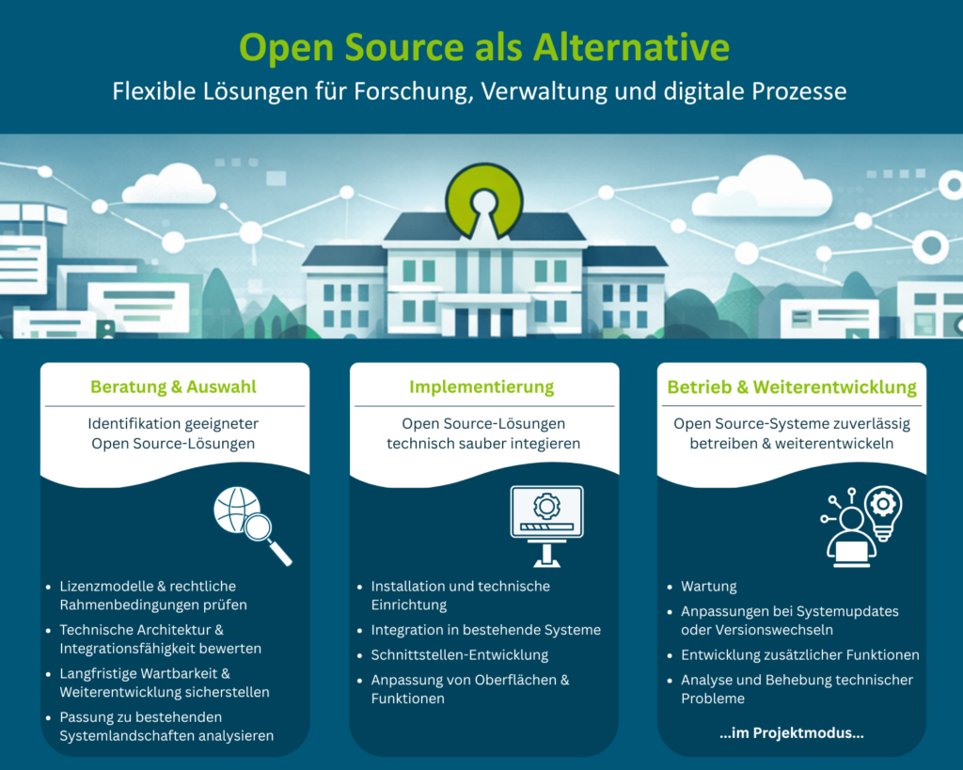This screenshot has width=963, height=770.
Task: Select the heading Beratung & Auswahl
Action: pyautogui.click(x=173, y=386)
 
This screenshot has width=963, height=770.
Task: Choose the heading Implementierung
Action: pyautogui.click(x=481, y=386)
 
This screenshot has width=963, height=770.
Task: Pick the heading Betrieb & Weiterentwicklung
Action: pyautogui.click(x=792, y=386)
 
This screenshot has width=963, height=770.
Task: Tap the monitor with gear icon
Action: pyautogui.click(x=546, y=523)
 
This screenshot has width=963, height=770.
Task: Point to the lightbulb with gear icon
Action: pyautogui.click(x=882, y=513)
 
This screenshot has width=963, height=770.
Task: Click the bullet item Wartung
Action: pyautogui.click(x=708, y=587)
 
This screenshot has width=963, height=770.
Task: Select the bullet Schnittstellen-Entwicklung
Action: pyautogui.click(x=459, y=654)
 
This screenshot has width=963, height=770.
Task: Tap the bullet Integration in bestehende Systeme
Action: pyautogui.click(x=485, y=630)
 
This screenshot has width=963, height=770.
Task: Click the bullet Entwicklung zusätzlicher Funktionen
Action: pyautogui.click(x=799, y=654)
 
